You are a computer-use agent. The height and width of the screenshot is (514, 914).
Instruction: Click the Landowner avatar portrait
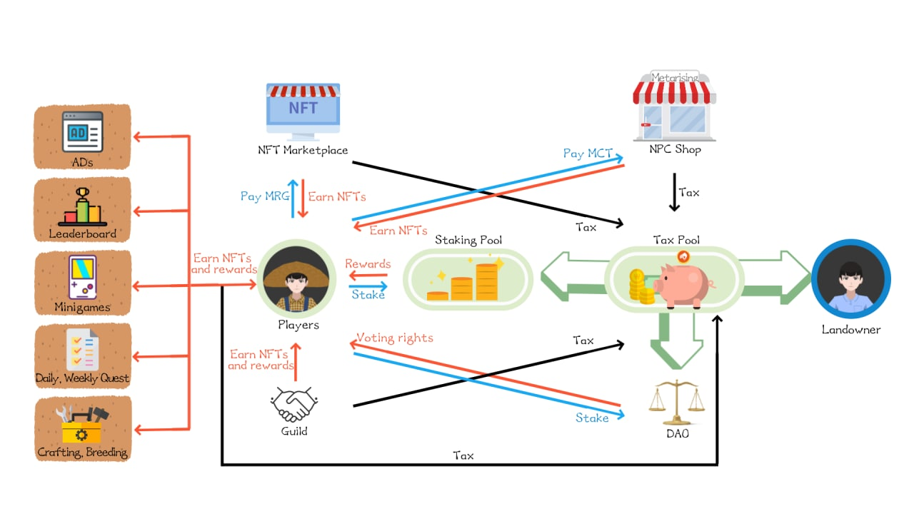coord(850,279)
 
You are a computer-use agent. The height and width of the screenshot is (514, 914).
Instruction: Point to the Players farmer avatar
coord(296,280)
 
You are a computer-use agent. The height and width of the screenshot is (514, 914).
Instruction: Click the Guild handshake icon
coord(293,405)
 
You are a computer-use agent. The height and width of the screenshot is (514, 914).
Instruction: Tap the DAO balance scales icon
coord(676,404)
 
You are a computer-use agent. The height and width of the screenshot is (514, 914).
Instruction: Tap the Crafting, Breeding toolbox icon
coord(83,425)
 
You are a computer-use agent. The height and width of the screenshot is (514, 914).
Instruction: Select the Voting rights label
coord(394,338)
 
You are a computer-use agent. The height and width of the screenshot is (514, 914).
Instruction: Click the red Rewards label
coord(368,264)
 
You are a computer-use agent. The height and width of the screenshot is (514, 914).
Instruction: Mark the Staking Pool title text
coord(468,240)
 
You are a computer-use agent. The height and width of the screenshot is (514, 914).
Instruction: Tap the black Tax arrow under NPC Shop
coord(673,193)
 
